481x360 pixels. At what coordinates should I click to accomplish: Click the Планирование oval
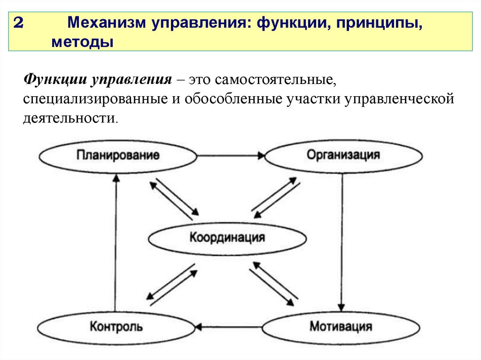point(118,155)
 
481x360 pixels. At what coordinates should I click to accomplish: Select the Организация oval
point(343,155)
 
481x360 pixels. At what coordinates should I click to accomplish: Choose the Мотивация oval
point(341,326)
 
